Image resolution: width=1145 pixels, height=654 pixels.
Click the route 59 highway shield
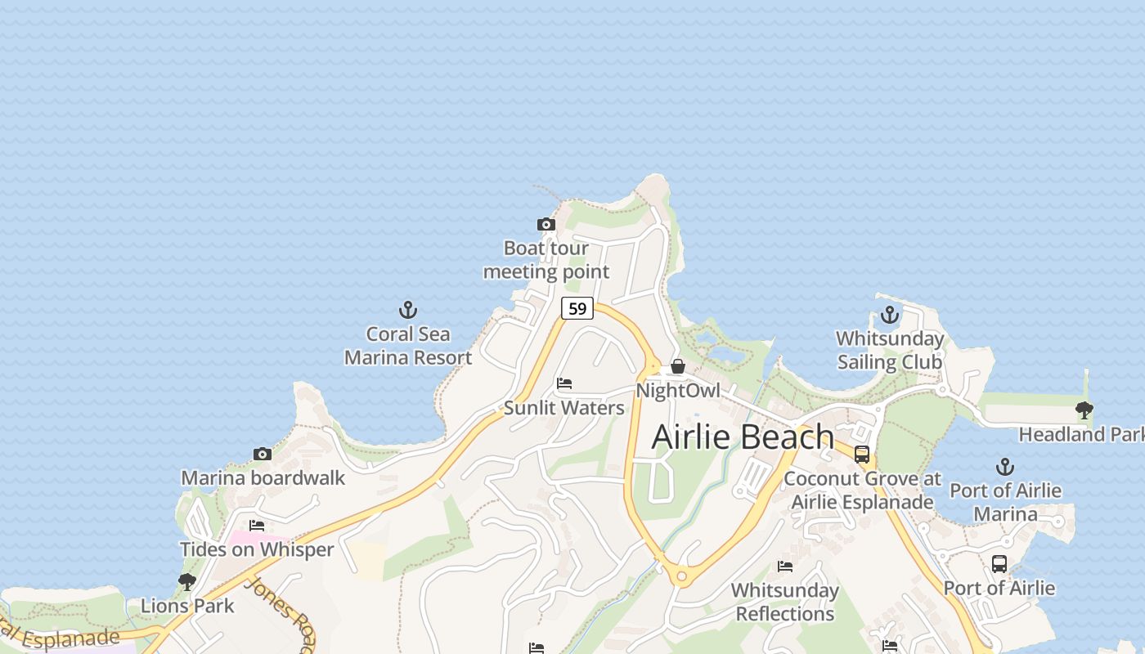[577, 308]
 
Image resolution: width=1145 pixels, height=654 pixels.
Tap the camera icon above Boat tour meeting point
[546, 224]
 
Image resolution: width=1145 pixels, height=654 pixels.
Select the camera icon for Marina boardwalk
[263, 454]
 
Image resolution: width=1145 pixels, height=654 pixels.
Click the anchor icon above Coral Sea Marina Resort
[407, 310]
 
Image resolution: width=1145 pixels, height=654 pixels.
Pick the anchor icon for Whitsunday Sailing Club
[889, 314]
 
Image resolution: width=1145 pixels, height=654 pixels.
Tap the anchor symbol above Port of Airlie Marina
[1004, 467]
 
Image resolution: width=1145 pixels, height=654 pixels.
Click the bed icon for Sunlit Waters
[564, 383]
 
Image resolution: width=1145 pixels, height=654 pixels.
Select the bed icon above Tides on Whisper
[257, 525]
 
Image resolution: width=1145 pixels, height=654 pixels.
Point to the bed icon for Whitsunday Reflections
[785, 566]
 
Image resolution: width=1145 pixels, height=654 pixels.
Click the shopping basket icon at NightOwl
[678, 366]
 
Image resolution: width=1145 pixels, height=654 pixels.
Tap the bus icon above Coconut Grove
[862, 455]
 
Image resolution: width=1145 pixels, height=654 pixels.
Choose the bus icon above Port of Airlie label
[999, 563]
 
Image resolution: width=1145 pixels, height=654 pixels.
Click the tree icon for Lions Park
[187, 581]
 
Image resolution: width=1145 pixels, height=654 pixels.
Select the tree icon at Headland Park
[1084, 410]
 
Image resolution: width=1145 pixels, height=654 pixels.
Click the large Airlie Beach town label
[743, 437]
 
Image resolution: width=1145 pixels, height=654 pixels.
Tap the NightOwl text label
[678, 391]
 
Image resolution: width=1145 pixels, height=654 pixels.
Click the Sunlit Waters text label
[564, 407]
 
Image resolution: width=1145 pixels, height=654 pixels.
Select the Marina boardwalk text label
[263, 477]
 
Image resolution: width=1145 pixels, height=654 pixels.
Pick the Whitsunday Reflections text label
[785, 602]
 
